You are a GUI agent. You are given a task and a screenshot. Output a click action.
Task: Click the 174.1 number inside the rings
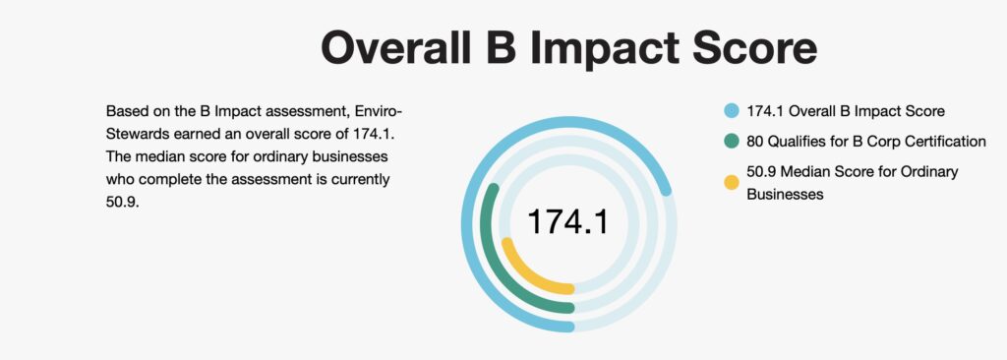click(x=567, y=222)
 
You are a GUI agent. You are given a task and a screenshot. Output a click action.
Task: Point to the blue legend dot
click(x=731, y=111)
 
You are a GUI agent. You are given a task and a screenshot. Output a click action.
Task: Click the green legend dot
click(x=731, y=142)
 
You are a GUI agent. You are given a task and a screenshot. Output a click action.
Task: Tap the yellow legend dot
click(x=731, y=181)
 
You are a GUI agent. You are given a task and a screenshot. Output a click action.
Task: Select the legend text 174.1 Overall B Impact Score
click(x=846, y=111)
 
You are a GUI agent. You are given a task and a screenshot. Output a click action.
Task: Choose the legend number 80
click(x=755, y=142)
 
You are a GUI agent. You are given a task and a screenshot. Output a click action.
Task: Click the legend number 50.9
click(x=761, y=172)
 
